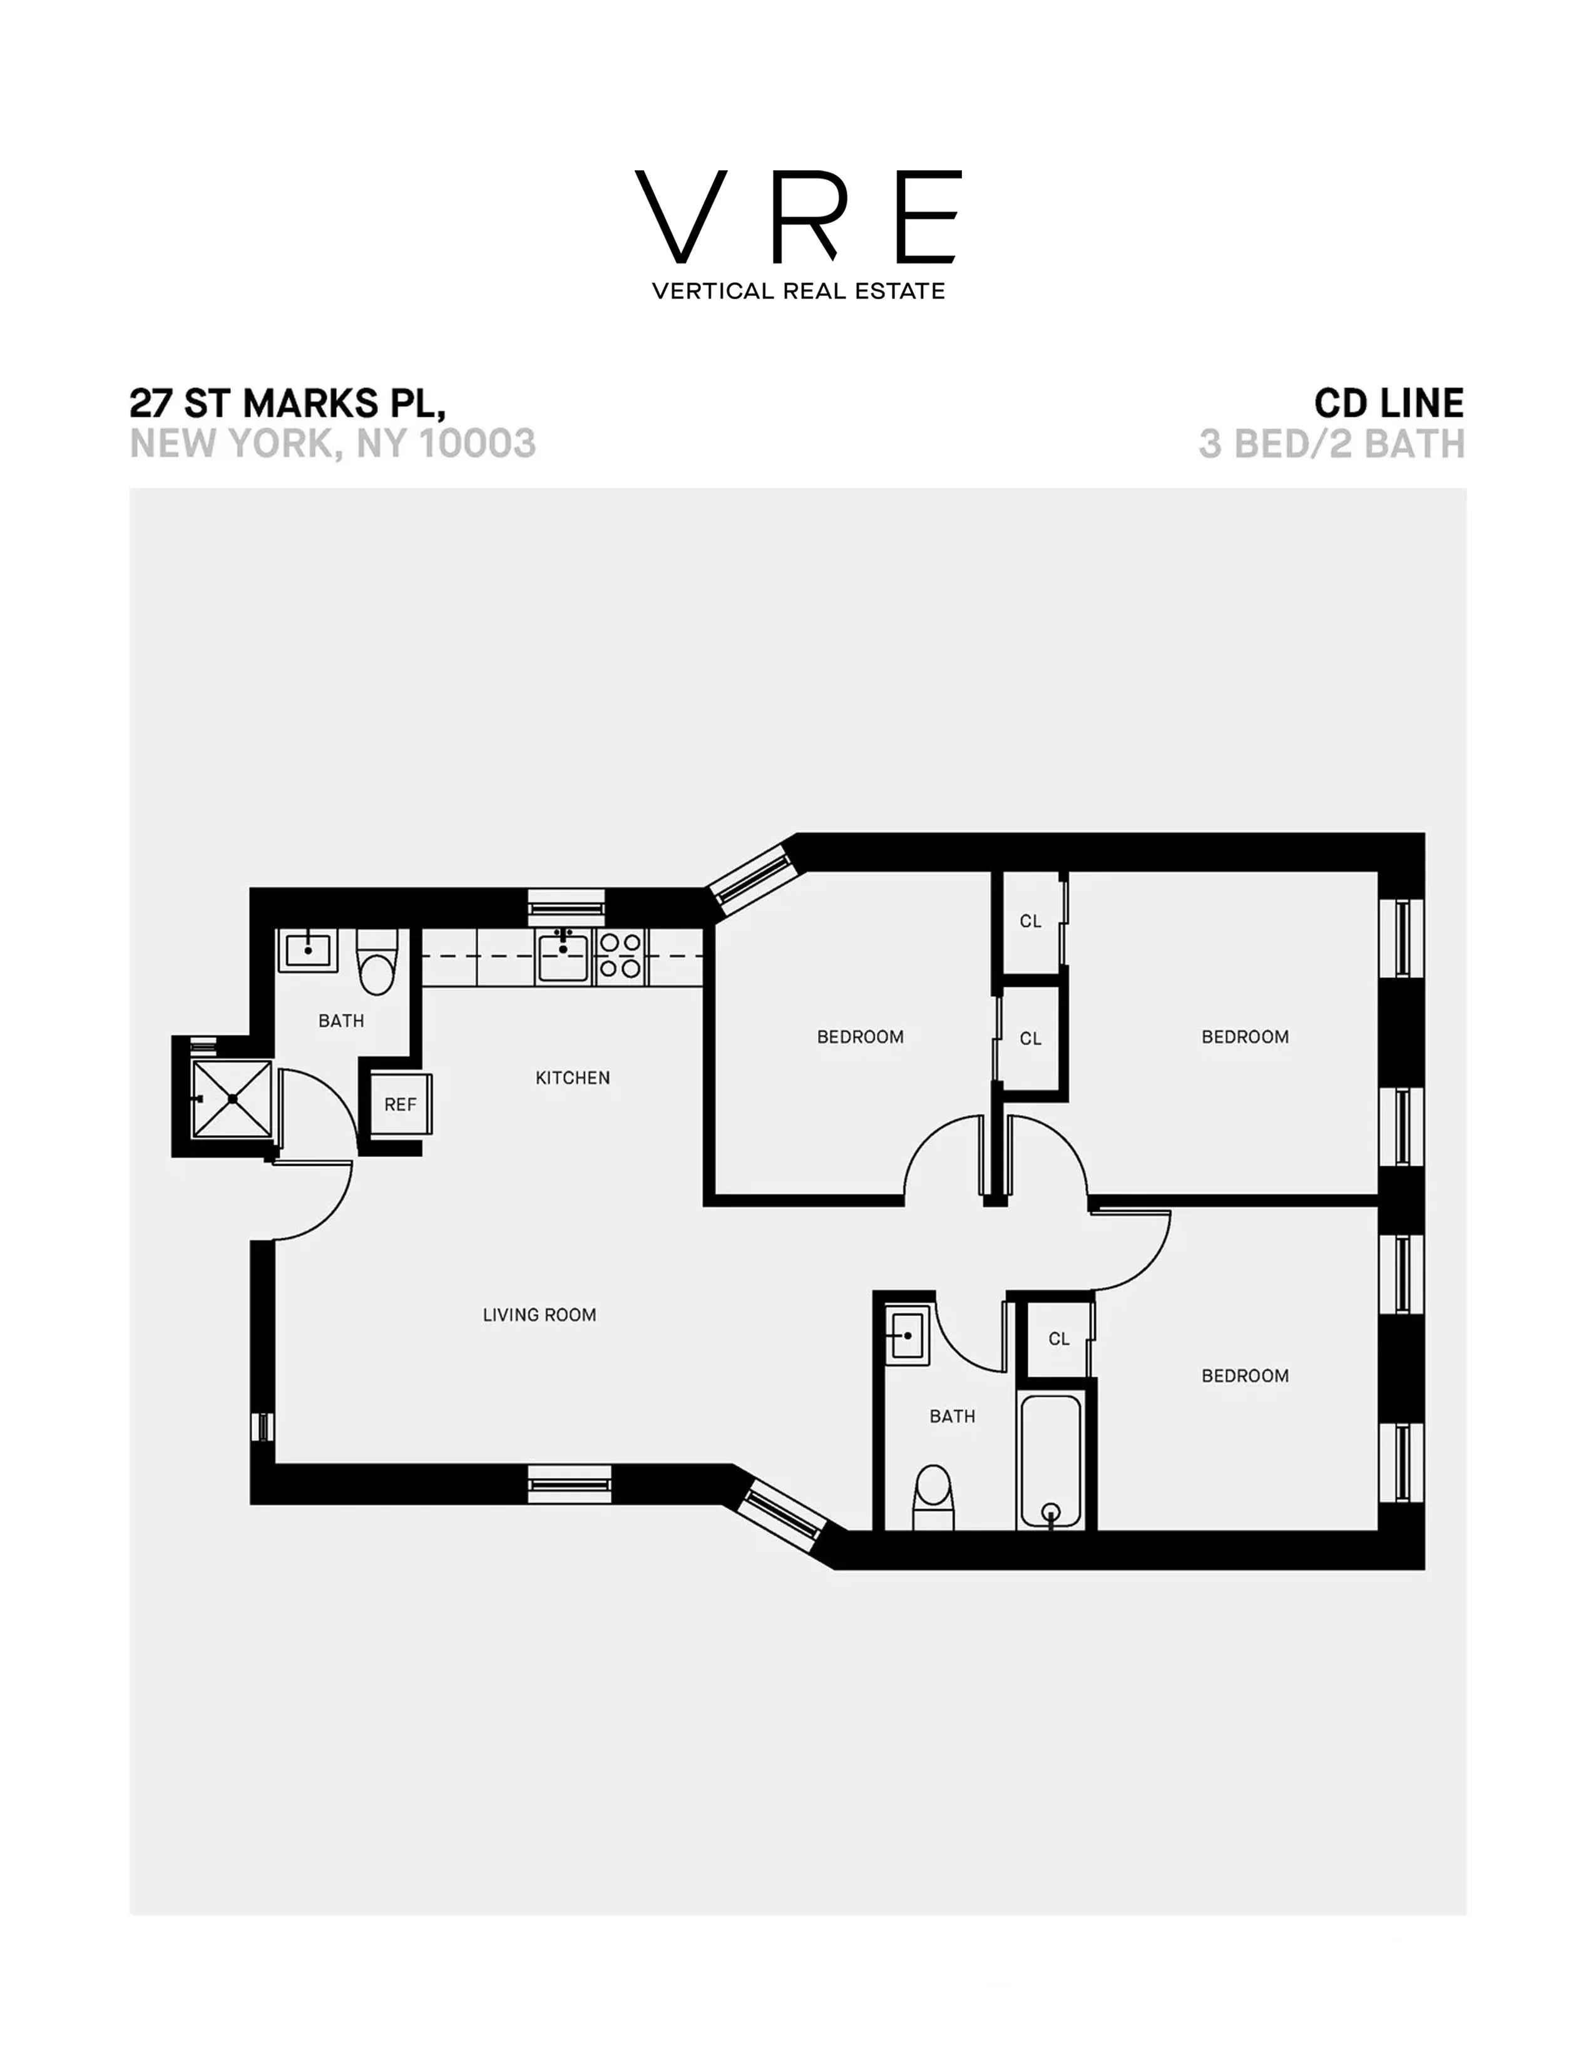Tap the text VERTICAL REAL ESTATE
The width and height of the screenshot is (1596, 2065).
click(x=798, y=291)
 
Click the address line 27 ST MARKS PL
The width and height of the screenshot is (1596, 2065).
click(x=287, y=404)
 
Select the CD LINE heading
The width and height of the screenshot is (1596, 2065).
click(x=1388, y=404)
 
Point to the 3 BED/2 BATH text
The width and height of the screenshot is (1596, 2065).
click(x=1331, y=444)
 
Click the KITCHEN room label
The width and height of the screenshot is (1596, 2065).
click(x=572, y=1078)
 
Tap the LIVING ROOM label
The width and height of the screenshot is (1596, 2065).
click(x=539, y=1315)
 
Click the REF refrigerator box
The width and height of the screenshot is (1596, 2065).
click(x=400, y=1104)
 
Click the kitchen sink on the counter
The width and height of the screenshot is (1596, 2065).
click(x=563, y=956)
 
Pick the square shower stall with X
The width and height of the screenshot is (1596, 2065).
click(x=232, y=1099)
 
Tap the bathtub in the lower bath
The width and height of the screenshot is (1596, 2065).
click(x=1050, y=1461)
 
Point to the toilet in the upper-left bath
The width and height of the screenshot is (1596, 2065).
click(x=377, y=962)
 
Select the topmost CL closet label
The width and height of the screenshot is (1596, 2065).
click(x=1031, y=921)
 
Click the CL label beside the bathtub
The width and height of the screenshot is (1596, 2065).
click(x=1059, y=1339)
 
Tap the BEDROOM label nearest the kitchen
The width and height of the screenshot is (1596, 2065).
click(x=859, y=1038)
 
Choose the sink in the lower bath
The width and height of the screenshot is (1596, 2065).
click(x=907, y=1336)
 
